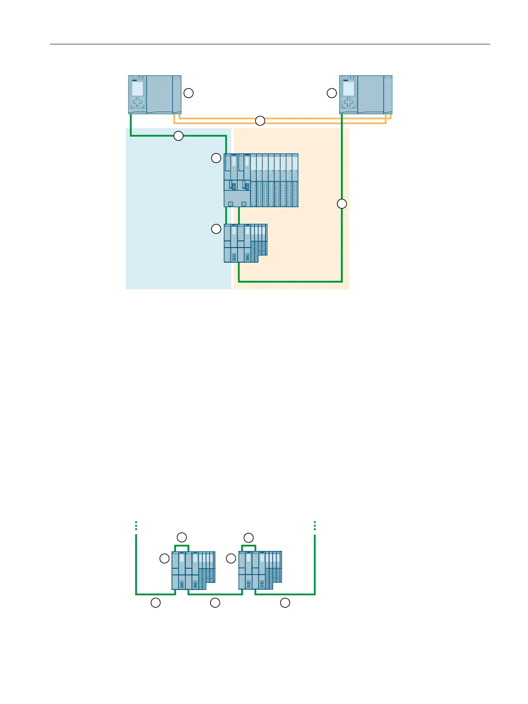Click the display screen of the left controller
click(137, 89)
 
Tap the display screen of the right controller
click(348, 89)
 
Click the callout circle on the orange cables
click(260, 121)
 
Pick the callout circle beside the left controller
click(188, 93)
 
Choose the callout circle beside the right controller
click(332, 93)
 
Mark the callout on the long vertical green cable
click(341, 204)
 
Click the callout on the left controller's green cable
click(178, 136)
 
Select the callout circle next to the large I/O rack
click(216, 158)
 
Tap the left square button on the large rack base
click(231, 204)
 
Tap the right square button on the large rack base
click(244, 204)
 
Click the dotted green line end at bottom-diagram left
click(136, 526)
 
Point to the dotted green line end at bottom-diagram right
click(315, 526)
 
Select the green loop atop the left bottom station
click(182, 546)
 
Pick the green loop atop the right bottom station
click(249, 546)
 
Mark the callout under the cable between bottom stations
click(215, 602)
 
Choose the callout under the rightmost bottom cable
click(285, 602)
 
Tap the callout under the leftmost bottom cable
click(156, 602)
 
